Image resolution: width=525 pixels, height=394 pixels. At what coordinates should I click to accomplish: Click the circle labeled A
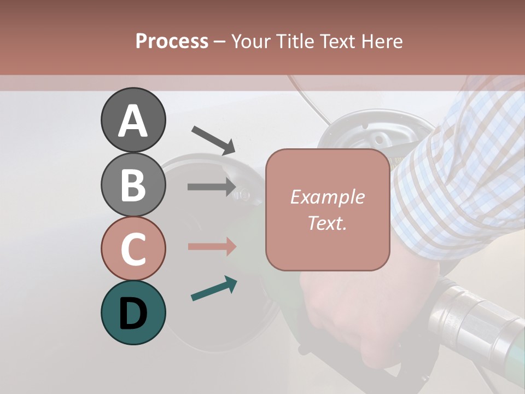tap(133, 120)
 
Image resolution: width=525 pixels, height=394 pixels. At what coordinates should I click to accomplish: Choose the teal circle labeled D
tap(133, 312)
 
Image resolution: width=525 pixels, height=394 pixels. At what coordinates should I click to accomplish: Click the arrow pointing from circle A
tap(213, 140)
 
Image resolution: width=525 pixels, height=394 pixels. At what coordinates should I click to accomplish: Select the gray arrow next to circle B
tap(211, 187)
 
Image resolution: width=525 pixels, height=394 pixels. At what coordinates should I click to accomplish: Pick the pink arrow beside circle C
tap(212, 246)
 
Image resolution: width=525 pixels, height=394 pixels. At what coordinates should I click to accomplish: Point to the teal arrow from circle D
tap(214, 288)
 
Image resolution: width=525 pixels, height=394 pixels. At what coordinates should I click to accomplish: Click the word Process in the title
tap(172, 41)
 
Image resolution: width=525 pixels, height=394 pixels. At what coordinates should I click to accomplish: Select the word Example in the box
tap(327, 197)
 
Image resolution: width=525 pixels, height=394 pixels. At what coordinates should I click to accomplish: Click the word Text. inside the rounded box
tap(327, 223)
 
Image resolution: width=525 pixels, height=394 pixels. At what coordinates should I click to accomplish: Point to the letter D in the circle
tap(133, 314)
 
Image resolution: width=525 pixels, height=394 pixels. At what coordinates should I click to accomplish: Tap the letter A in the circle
tap(133, 121)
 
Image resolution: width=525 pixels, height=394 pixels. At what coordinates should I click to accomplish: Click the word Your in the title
tap(250, 41)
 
